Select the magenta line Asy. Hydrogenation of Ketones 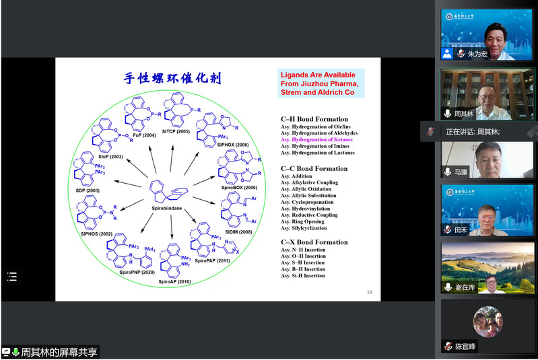pyautogui.click(x=320, y=139)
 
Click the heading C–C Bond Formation pyautogui.click(x=314, y=168)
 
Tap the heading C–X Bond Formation pyautogui.click(x=314, y=242)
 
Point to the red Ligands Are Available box pyautogui.click(x=321, y=83)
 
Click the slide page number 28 pyautogui.click(x=370, y=291)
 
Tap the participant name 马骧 pyautogui.click(x=461, y=172)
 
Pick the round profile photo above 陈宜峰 pyautogui.click(x=488, y=322)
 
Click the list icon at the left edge pyautogui.click(x=12, y=277)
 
